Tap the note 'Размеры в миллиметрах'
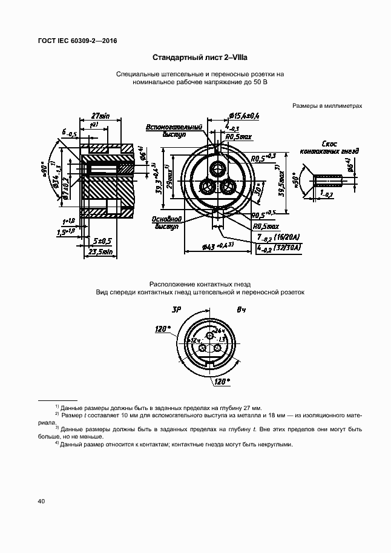(327, 105)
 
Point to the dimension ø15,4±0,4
(244, 115)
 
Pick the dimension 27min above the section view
(99, 115)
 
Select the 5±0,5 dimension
(102, 240)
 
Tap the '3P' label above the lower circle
(177, 309)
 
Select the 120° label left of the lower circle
(163, 328)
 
